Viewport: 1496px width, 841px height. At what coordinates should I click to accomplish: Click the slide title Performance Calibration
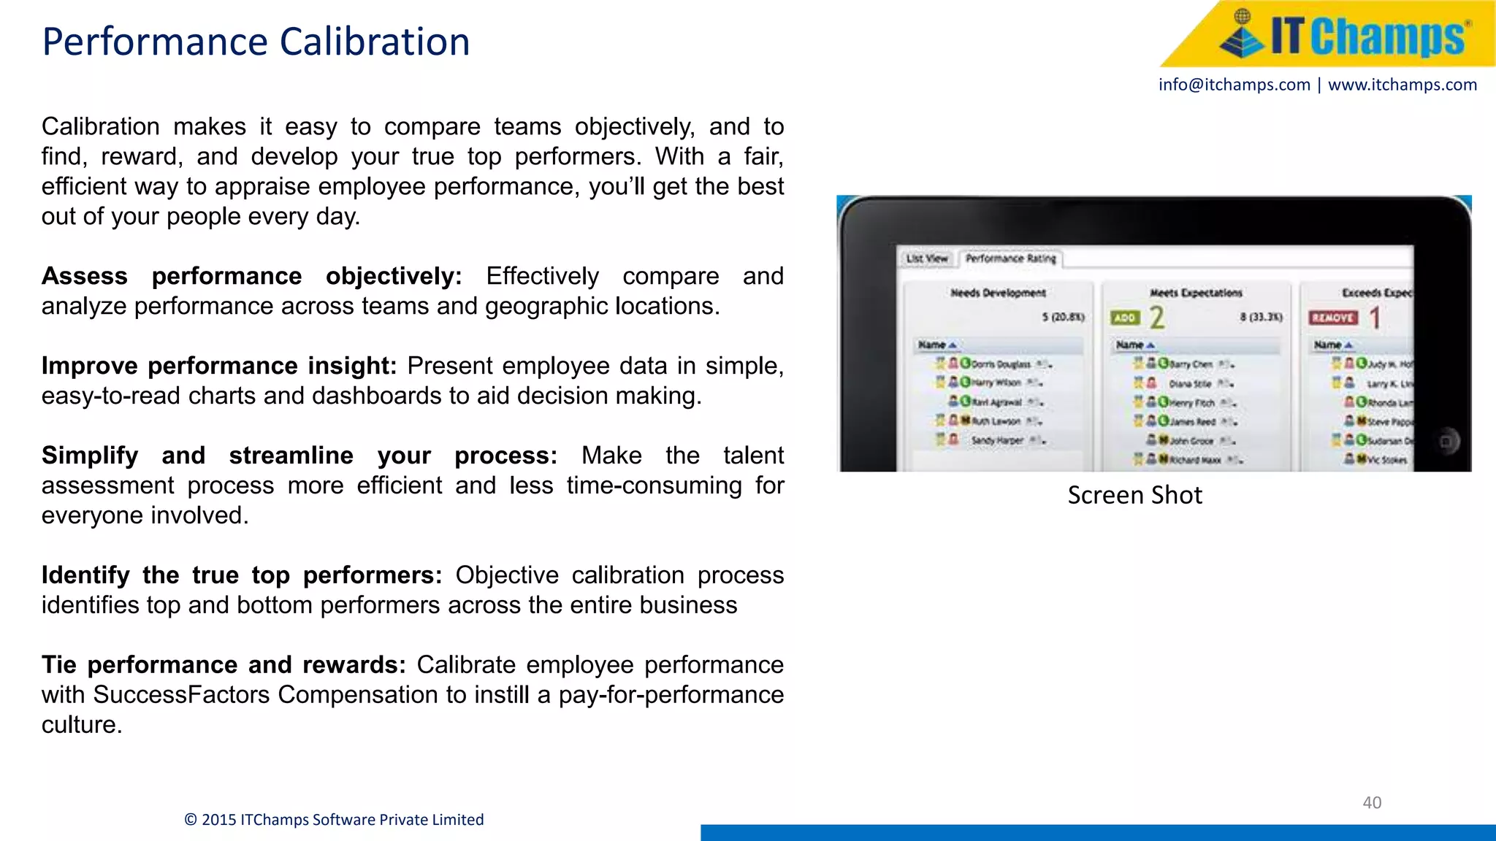coord(256,42)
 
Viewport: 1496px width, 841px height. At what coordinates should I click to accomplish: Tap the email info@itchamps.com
coord(1234,85)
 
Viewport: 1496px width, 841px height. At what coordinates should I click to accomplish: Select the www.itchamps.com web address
coord(1402,85)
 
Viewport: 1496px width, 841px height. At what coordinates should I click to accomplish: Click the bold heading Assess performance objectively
coord(251,276)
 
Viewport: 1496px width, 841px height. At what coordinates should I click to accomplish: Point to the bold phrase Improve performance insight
coord(218,366)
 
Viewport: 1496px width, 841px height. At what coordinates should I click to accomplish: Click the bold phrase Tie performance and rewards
coord(223,665)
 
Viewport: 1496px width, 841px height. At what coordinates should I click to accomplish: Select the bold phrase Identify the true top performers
coord(241,575)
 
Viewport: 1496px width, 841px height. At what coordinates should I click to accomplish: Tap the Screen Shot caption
coord(1134,495)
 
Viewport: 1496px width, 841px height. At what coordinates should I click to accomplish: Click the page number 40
coord(1372,802)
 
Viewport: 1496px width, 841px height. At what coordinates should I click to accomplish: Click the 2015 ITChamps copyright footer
coord(334,820)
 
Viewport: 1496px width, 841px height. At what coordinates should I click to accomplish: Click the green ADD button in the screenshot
coord(1125,318)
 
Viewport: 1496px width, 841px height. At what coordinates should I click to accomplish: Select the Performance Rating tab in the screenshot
coord(1010,258)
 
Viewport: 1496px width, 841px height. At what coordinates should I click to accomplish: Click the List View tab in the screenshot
coord(926,258)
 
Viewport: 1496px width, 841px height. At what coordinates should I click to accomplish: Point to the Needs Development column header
coord(998,293)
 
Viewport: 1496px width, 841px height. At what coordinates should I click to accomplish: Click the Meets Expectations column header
coord(1196,293)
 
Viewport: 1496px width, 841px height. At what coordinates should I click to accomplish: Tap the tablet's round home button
coord(1446,441)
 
